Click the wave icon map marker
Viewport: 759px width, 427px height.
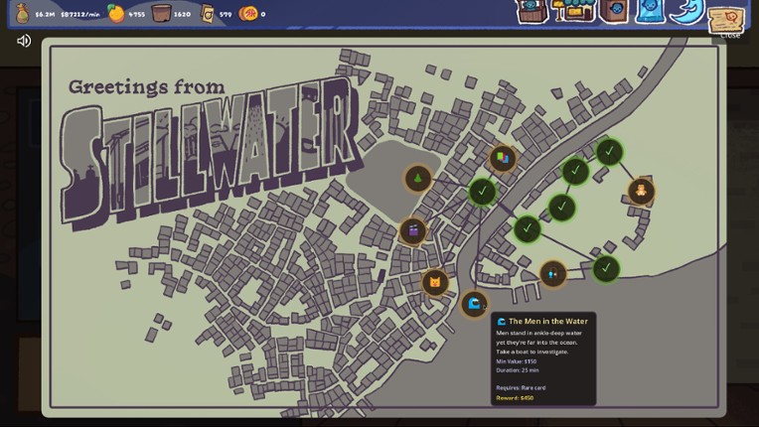(x=474, y=304)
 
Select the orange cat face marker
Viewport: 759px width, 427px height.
(x=434, y=282)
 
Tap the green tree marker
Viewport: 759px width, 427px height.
(x=418, y=179)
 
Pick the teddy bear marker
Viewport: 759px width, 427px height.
(x=641, y=191)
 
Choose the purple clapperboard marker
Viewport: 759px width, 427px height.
(x=413, y=231)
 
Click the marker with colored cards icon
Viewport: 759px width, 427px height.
(x=503, y=158)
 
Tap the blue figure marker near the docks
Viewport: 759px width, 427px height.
(x=552, y=273)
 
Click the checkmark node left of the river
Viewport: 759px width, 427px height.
(x=482, y=191)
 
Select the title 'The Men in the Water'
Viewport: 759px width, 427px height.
(x=547, y=322)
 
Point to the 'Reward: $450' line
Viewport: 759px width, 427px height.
(x=515, y=398)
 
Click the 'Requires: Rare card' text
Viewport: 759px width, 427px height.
(x=521, y=387)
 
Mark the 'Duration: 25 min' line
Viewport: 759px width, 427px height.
(x=518, y=370)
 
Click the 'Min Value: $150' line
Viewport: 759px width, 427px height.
(x=517, y=361)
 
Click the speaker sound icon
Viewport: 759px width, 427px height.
(x=24, y=41)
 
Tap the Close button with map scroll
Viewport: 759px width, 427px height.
(x=727, y=20)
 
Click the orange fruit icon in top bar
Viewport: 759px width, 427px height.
(x=117, y=13)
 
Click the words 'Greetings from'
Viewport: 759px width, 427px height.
(x=146, y=87)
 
